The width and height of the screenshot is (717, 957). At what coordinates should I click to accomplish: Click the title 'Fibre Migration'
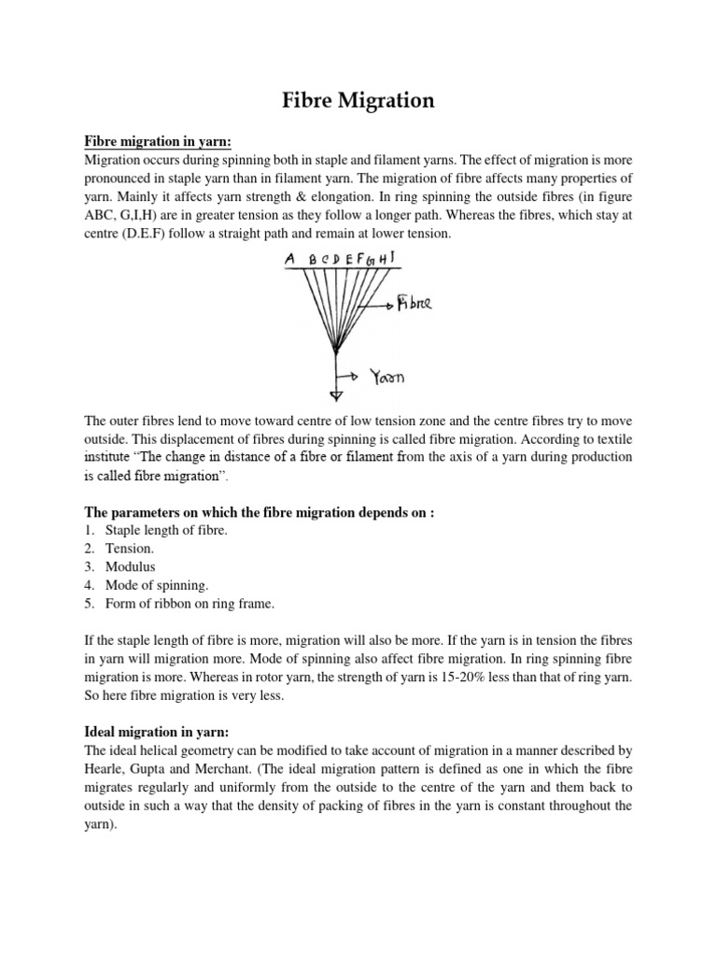coord(358,100)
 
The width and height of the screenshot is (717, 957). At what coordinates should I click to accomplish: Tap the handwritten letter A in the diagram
coord(289,259)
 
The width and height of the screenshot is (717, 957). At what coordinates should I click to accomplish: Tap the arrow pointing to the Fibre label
coord(377,305)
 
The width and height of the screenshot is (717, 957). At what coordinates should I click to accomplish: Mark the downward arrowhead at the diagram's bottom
coord(336,394)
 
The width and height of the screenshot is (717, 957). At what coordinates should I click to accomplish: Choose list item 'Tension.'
coord(130,549)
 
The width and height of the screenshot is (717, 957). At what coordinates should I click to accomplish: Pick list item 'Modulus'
coord(131,567)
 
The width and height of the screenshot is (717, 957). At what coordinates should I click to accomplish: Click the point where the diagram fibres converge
coord(335,350)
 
